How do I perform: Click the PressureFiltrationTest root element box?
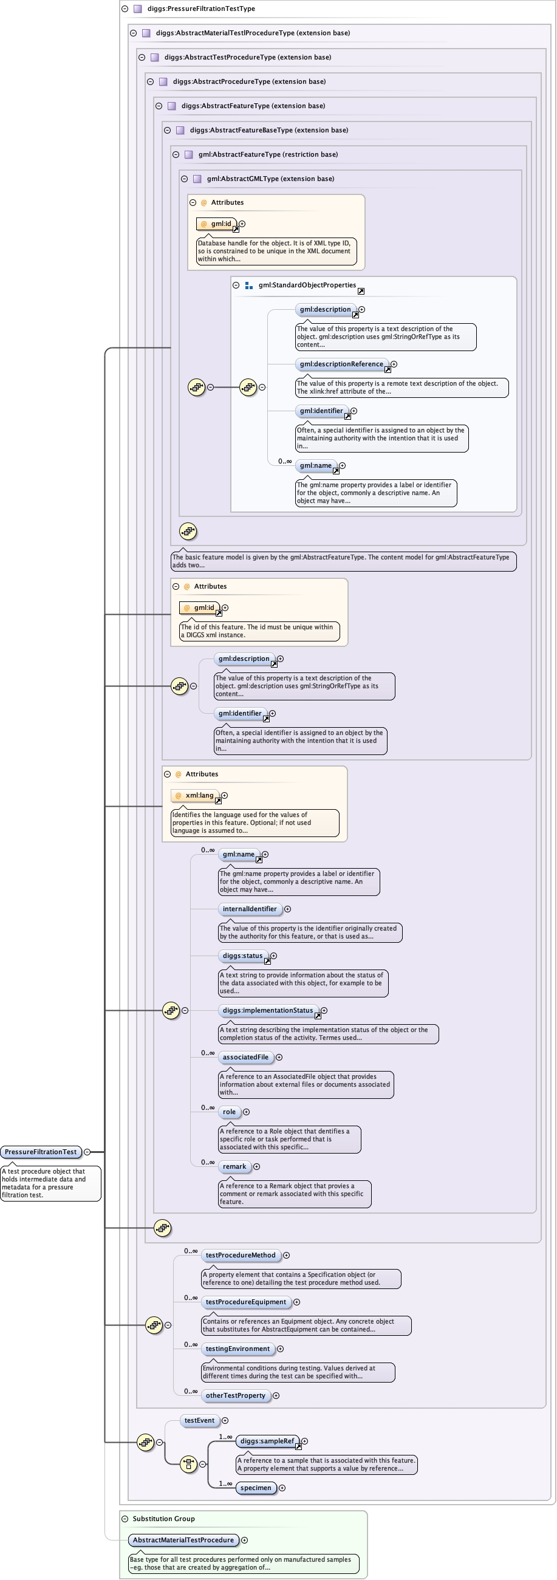(41, 1152)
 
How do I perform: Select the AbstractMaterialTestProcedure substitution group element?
(183, 1540)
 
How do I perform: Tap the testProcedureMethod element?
(241, 1255)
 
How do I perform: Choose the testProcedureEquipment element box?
(245, 1302)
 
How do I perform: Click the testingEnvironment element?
(237, 1349)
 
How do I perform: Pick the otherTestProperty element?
(236, 1395)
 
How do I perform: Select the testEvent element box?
(199, 1420)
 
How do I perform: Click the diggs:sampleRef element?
(267, 1441)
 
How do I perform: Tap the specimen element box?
(256, 1488)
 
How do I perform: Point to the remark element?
(234, 1166)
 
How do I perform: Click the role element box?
(229, 1112)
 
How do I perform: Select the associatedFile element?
(245, 1057)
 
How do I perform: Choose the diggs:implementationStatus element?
(267, 1010)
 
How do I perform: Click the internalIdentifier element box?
(250, 909)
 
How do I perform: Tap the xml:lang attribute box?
(196, 796)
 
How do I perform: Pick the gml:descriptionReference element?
(341, 364)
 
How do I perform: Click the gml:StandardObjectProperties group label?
(307, 286)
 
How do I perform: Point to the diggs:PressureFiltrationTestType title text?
(201, 9)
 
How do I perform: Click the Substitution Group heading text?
(164, 1519)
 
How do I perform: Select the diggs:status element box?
(242, 956)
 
